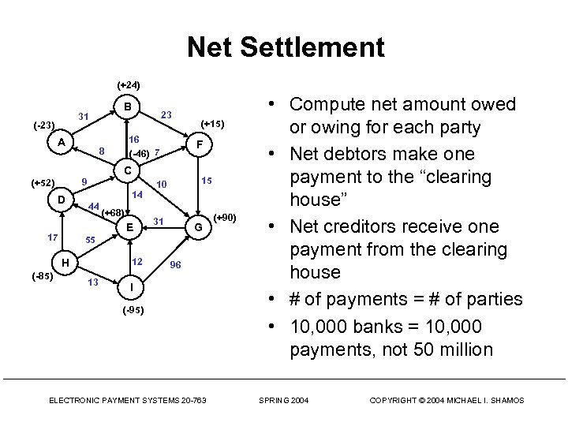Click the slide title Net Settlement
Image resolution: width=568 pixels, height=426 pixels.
(286, 48)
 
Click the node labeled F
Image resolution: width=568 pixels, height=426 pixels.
(200, 145)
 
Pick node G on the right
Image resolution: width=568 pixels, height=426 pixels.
(199, 227)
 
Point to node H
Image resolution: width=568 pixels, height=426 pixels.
(66, 263)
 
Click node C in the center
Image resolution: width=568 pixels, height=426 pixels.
(125, 170)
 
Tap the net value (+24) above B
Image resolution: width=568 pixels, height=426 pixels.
(128, 84)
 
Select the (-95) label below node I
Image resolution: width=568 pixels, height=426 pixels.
(133, 311)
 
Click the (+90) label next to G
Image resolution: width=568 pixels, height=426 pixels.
(225, 217)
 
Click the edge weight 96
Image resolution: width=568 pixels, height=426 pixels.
(176, 264)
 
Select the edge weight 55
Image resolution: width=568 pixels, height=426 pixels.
(90, 239)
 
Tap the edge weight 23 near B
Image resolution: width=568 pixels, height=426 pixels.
(166, 114)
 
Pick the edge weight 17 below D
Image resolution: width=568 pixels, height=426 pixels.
(52, 237)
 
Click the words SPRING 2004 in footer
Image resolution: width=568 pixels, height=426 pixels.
(285, 401)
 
